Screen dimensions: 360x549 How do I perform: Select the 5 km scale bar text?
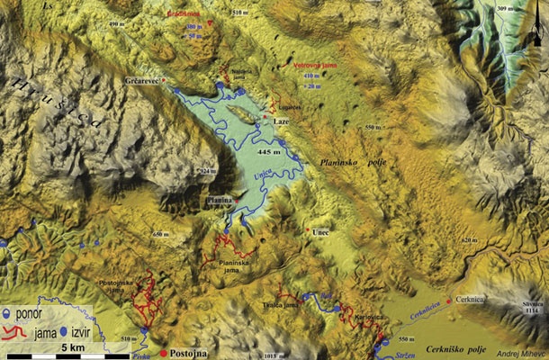pos(75,346)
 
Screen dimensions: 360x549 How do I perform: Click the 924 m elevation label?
pos(209,170)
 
